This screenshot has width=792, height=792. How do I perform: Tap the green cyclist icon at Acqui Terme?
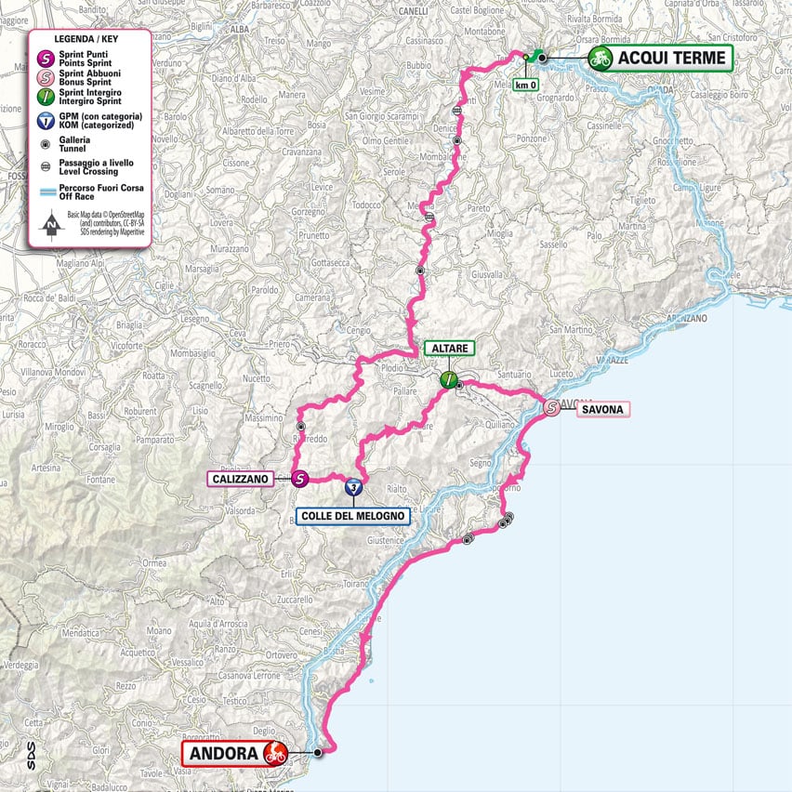pos(601,59)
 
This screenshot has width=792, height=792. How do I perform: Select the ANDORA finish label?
pos(220,753)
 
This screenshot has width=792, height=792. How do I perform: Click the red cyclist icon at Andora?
pos(274,753)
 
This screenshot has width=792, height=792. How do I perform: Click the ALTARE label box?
pos(450,349)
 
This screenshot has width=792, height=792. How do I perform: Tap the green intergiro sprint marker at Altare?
pos(450,379)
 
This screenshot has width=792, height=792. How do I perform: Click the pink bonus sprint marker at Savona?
pos(551,407)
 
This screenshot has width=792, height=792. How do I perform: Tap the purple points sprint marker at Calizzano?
pos(299,480)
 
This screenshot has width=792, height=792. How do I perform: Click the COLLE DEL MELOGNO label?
pos(352,516)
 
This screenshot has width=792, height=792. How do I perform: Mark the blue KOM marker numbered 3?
pos(352,486)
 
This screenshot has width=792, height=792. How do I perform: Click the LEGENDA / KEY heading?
pos(89,40)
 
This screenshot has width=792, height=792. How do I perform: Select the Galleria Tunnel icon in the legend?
pos(46,143)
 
